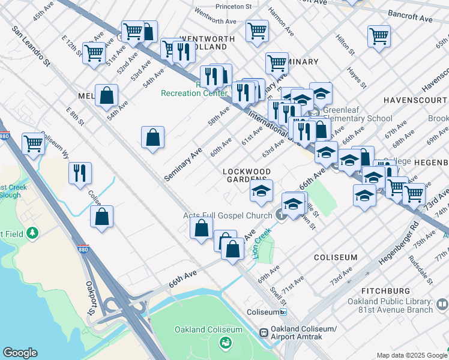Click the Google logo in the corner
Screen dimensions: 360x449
click(20, 353)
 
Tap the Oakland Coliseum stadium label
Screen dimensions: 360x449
click(208, 329)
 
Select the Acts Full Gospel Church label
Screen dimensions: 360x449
click(228, 216)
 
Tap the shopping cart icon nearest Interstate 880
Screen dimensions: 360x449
click(33, 143)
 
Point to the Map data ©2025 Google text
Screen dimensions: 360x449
click(411, 355)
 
